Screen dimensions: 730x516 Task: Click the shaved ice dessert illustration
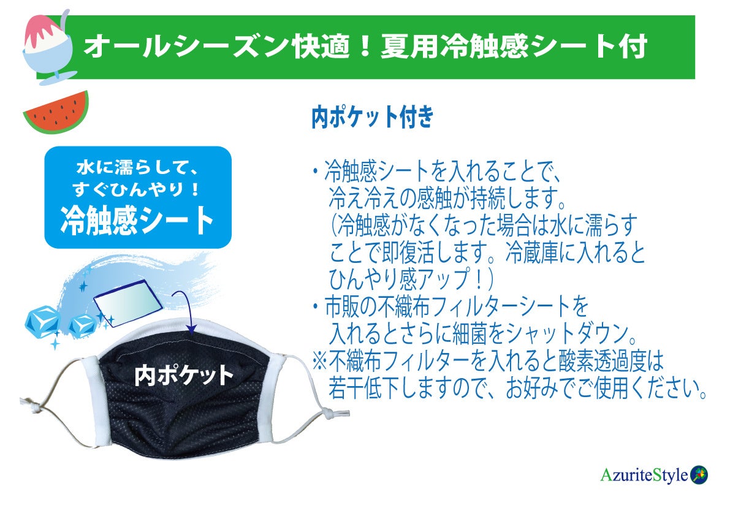click(x=46, y=46)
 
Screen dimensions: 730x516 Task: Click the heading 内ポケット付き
click(x=372, y=117)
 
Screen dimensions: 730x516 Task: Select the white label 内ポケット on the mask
click(x=184, y=374)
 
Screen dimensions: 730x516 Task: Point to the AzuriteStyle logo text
click(x=644, y=475)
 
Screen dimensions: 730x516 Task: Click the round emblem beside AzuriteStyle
click(x=699, y=474)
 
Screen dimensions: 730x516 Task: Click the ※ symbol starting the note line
click(x=321, y=361)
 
